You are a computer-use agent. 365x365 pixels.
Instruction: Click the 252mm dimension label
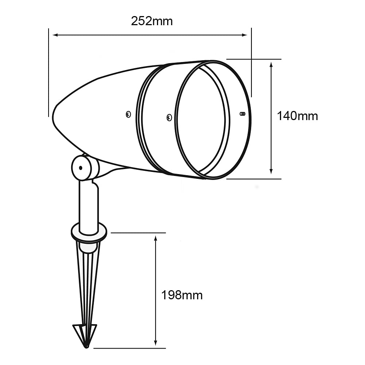(152, 21)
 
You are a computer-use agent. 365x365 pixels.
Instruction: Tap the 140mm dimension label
(297, 116)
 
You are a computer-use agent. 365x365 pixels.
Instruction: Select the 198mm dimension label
(182, 295)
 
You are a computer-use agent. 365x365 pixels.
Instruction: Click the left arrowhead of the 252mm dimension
(55, 35)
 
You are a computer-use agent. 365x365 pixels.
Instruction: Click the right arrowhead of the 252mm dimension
(245, 35)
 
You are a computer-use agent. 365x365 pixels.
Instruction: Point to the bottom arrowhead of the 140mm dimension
(271, 171)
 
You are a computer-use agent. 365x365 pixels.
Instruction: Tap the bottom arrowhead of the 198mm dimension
(156, 343)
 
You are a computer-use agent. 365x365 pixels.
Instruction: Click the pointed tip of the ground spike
(87, 347)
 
